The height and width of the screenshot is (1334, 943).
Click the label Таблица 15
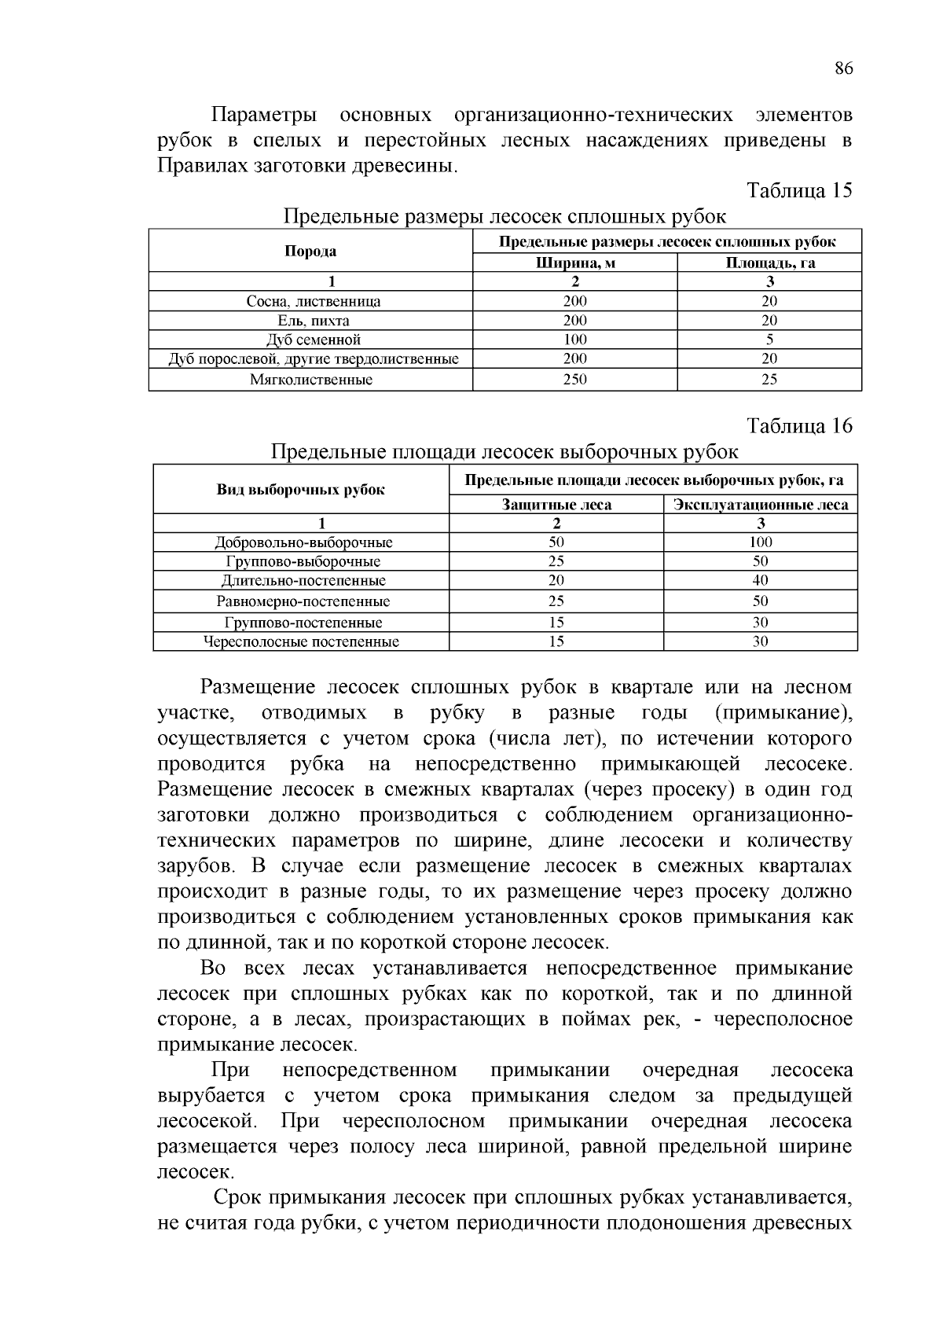point(799,191)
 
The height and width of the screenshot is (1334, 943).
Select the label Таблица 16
point(799,426)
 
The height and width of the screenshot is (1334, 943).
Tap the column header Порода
point(310,252)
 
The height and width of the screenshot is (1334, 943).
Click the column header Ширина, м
point(574,263)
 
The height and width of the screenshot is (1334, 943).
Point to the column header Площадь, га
point(769,263)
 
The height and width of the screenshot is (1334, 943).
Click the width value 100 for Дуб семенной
point(574,340)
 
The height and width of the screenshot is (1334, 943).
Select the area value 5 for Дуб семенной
point(769,340)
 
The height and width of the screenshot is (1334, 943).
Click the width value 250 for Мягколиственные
point(574,380)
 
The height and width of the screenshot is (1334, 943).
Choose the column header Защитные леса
point(556,505)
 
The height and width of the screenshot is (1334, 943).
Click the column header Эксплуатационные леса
point(760,505)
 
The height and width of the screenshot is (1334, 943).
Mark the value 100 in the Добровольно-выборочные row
point(760,542)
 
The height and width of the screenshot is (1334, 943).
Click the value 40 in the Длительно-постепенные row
point(760,580)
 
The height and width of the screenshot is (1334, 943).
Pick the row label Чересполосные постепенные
point(301,641)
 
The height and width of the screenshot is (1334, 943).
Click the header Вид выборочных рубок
point(301,490)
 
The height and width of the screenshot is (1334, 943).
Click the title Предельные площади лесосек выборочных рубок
point(505,452)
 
